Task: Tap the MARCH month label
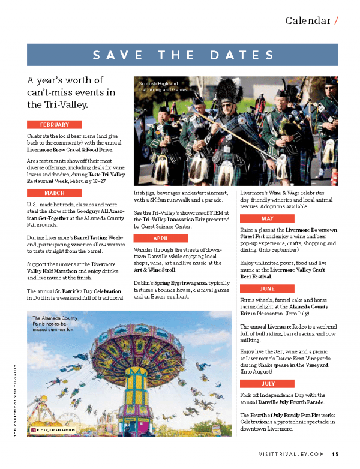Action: pyautogui.click(x=55, y=193)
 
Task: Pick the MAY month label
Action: pyautogui.click(x=268, y=218)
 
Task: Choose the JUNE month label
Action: pyautogui.click(x=268, y=288)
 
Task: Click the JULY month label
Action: pyautogui.click(x=268, y=383)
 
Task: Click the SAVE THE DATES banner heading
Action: pyautogui.click(x=182, y=55)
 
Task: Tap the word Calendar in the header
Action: pyautogui.click(x=308, y=20)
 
